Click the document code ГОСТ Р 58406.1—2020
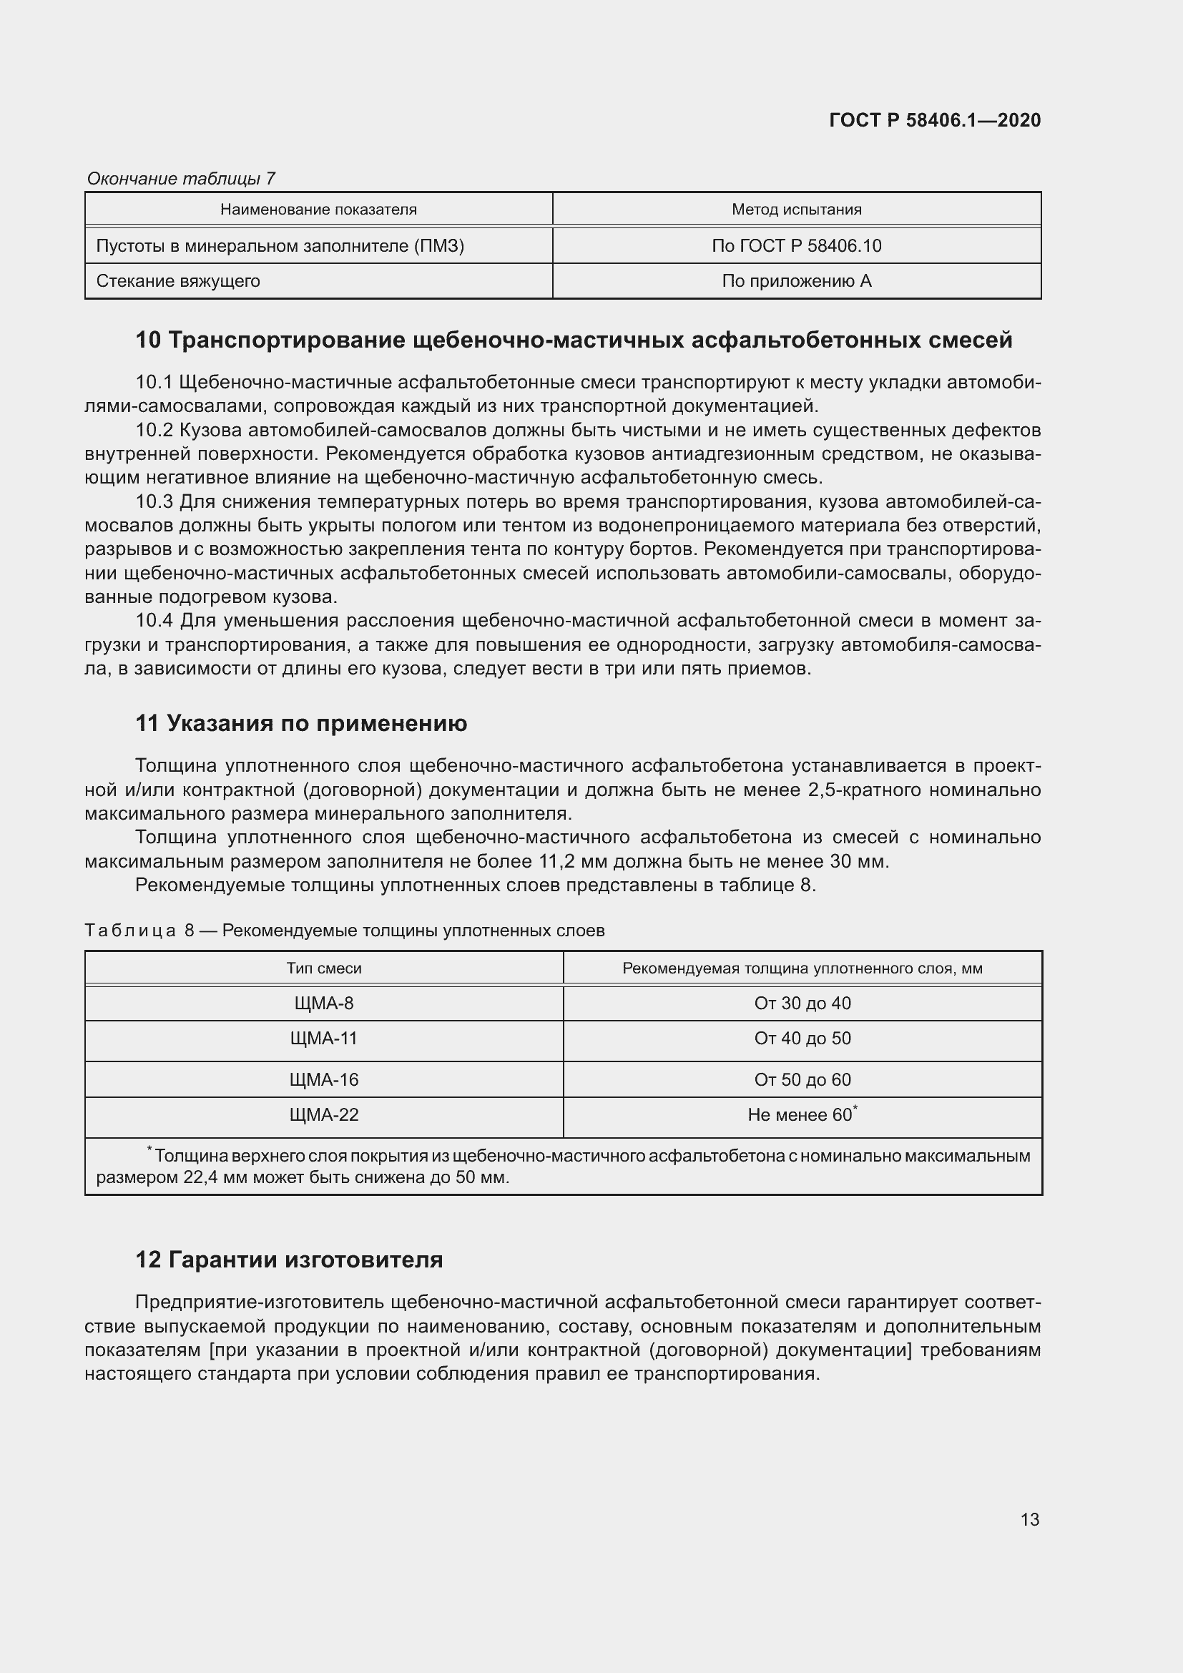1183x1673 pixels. click(x=935, y=120)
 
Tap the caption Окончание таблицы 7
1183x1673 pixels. click(x=181, y=179)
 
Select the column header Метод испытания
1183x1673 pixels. click(x=796, y=210)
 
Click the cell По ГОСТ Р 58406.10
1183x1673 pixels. click(x=796, y=245)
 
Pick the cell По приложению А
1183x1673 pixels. click(x=796, y=281)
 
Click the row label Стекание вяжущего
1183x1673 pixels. click(x=178, y=281)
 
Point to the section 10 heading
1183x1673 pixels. click(x=574, y=340)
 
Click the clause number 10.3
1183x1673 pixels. click(x=154, y=502)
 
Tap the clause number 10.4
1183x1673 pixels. click(x=154, y=621)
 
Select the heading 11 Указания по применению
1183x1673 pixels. click(x=301, y=724)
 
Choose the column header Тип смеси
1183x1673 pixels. click(x=323, y=968)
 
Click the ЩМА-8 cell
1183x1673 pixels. click(x=323, y=1004)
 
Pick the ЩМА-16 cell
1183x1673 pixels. click(x=323, y=1080)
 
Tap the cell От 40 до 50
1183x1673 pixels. click(x=802, y=1039)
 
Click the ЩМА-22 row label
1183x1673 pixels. click(x=323, y=1115)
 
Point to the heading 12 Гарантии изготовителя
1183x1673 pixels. click(x=288, y=1260)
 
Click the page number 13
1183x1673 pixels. click(x=1029, y=1520)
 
